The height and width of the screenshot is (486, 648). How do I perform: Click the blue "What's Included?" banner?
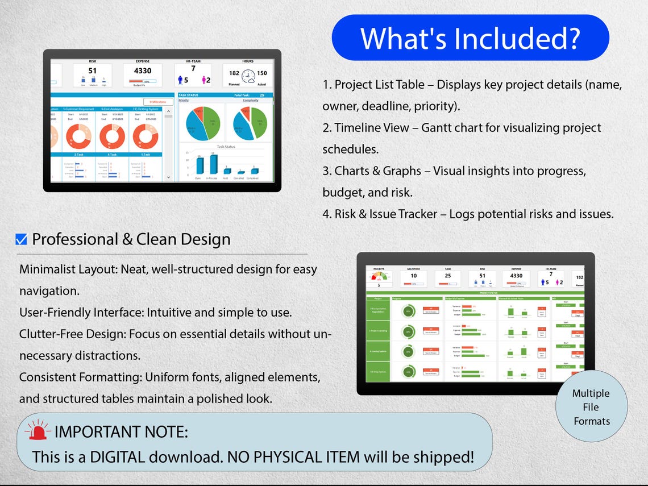[x=470, y=38]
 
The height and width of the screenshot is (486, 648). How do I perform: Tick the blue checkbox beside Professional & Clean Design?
[x=21, y=240]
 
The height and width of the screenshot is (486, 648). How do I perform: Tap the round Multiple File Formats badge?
[x=591, y=407]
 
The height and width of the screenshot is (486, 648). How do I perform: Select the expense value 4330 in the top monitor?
[x=143, y=71]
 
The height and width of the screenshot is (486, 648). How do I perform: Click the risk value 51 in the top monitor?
[x=92, y=71]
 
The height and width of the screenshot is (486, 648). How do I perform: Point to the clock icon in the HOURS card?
[x=248, y=76]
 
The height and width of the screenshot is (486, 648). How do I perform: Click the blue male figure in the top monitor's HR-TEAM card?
[x=180, y=80]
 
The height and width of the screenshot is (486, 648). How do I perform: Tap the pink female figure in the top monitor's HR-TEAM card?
[x=202, y=80]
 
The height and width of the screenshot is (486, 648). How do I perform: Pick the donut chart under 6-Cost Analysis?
[x=113, y=136]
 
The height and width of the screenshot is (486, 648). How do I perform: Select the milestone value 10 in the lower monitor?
[x=413, y=276]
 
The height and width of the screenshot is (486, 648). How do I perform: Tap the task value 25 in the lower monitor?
[x=447, y=276]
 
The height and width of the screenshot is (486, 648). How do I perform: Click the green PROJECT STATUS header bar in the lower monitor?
[x=475, y=293]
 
